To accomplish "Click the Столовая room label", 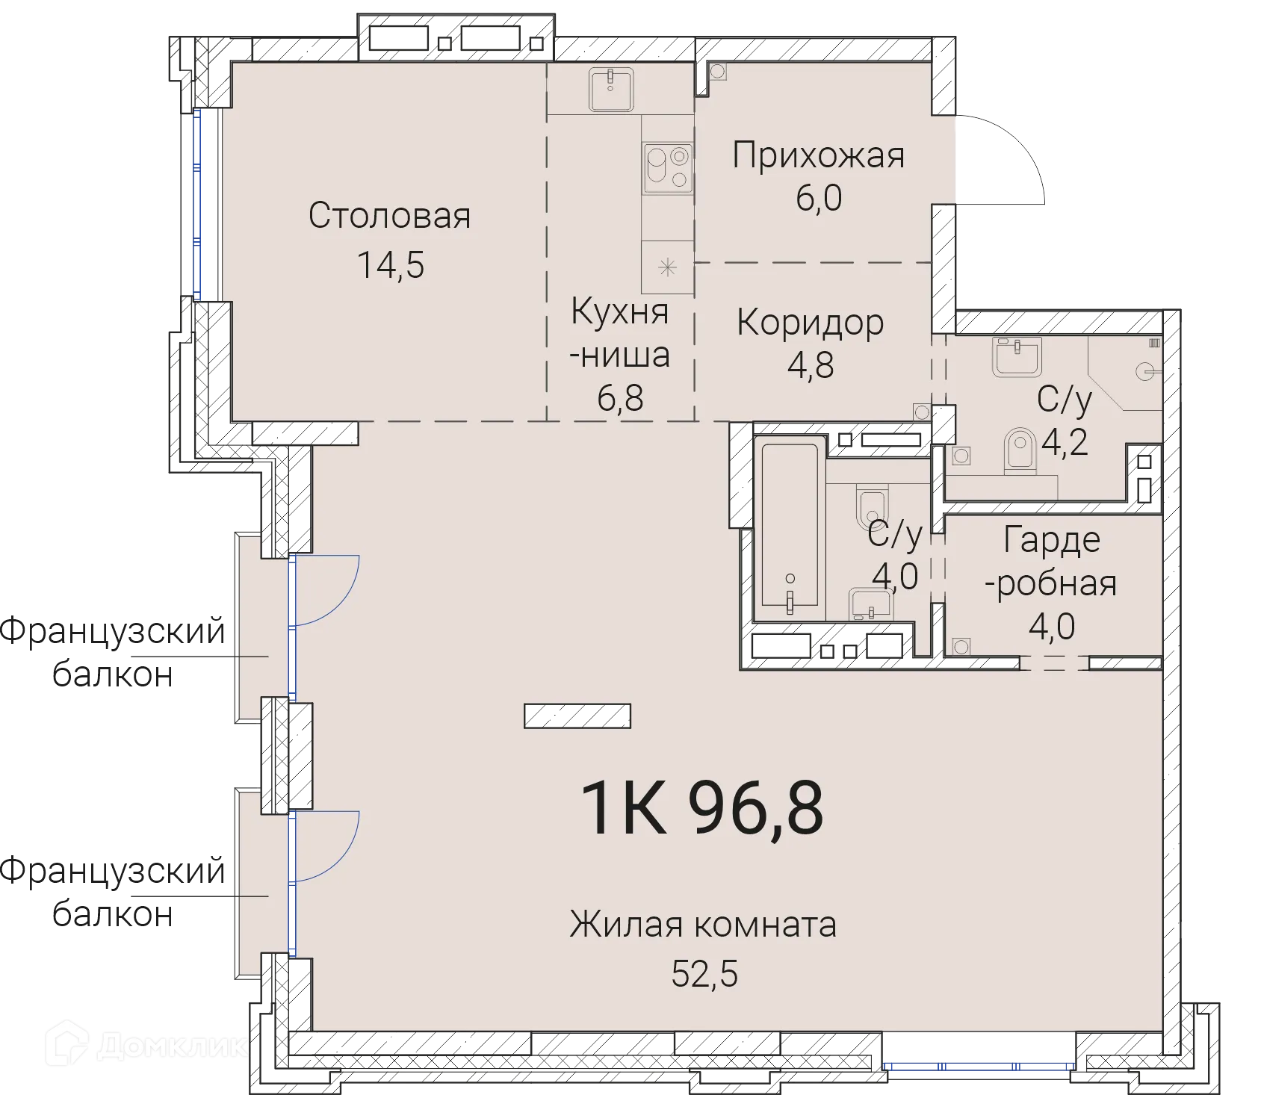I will [x=389, y=217].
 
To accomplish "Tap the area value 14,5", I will [x=390, y=264].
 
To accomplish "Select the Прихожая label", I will [x=818, y=156].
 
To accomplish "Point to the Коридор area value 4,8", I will [x=811, y=365].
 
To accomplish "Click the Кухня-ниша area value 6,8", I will [x=620, y=398].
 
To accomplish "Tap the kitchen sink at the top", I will [x=611, y=89].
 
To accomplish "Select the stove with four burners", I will [x=668, y=169].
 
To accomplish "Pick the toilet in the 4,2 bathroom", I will [x=1018, y=451].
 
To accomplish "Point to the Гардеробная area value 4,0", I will [x=1051, y=626].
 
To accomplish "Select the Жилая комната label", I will [x=703, y=925].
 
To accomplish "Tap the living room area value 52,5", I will [x=704, y=974].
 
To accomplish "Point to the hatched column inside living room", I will [x=577, y=716].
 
